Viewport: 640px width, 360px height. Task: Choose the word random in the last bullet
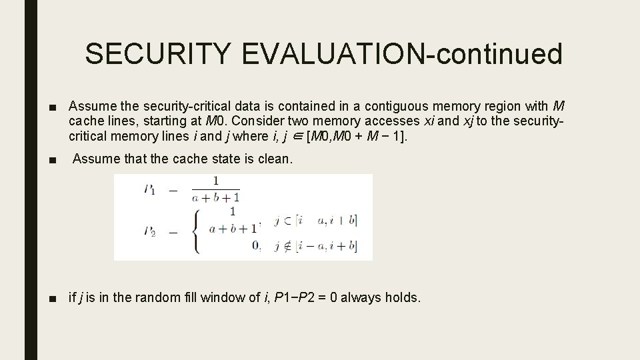click(156, 297)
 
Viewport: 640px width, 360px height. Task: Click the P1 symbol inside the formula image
click(149, 189)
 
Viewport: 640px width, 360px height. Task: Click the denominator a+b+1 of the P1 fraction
click(215, 197)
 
